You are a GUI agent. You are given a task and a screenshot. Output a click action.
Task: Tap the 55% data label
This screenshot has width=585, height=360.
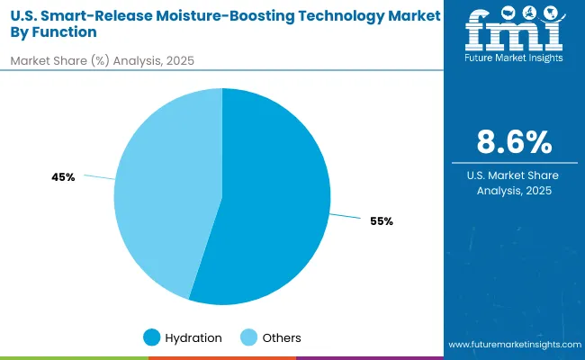[x=381, y=221]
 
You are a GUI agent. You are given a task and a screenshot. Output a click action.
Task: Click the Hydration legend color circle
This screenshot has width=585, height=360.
[x=152, y=337]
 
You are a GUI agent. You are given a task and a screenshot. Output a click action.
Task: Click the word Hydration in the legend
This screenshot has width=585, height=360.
[x=193, y=337]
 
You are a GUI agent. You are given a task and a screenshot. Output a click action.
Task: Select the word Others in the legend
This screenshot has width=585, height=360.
[x=281, y=337]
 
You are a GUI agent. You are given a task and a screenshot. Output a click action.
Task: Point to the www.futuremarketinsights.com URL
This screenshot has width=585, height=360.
[x=513, y=345]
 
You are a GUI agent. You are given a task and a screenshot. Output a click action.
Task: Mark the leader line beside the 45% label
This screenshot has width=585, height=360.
[x=99, y=178]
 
